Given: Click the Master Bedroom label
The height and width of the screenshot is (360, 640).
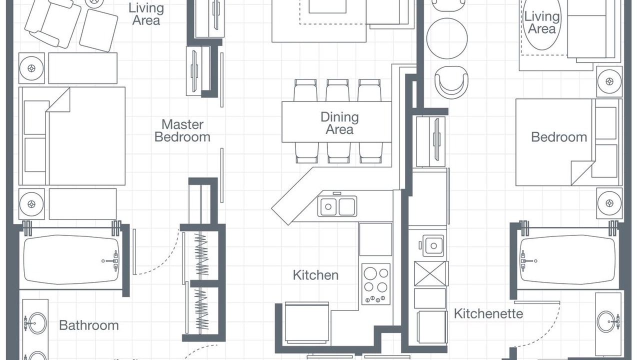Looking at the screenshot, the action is pos(182,130).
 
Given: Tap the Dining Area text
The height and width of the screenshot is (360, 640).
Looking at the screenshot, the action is pos(339,123).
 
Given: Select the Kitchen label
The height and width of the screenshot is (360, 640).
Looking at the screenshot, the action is pos(315,275).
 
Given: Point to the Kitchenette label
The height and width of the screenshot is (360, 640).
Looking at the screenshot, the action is pos(488,313).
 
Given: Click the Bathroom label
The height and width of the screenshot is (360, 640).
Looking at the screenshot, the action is pos(89,325).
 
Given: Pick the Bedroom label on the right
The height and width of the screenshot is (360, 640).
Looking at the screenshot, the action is pos(559,137).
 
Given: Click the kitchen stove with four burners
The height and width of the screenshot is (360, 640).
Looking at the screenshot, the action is pos(376,284).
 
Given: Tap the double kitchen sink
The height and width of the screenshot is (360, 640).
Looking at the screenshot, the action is pos(337,206).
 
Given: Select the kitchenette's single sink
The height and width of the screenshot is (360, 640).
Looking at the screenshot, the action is pos(433,245).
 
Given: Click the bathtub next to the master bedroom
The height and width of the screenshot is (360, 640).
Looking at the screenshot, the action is pos(71,259).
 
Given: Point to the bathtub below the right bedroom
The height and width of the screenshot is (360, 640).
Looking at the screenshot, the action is pos(567,259).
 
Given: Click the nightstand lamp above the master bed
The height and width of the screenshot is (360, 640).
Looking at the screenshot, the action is pos(31,68).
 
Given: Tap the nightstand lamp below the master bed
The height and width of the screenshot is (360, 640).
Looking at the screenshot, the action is pos(31,204).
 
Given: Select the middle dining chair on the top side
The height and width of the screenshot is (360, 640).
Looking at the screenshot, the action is pos(337,90).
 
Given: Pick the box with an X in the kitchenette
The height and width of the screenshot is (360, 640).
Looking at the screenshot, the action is pos(431,273).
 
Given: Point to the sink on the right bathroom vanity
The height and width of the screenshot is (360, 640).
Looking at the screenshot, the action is pos(606,322).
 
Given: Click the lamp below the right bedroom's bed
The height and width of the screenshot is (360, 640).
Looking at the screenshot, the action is pos(609,203).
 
